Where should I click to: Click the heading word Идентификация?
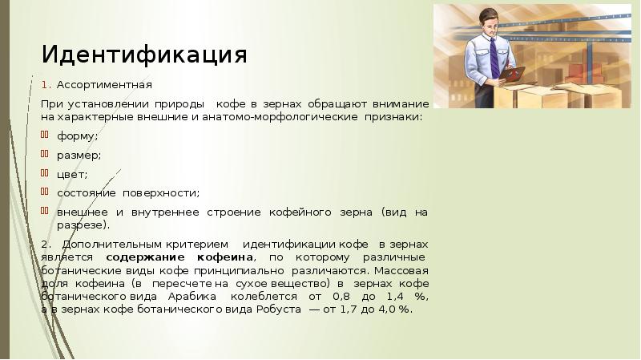(x=144, y=55)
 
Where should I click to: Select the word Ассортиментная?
(x=104, y=84)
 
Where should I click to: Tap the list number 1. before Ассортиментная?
(x=46, y=84)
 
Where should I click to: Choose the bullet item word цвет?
(x=71, y=174)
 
